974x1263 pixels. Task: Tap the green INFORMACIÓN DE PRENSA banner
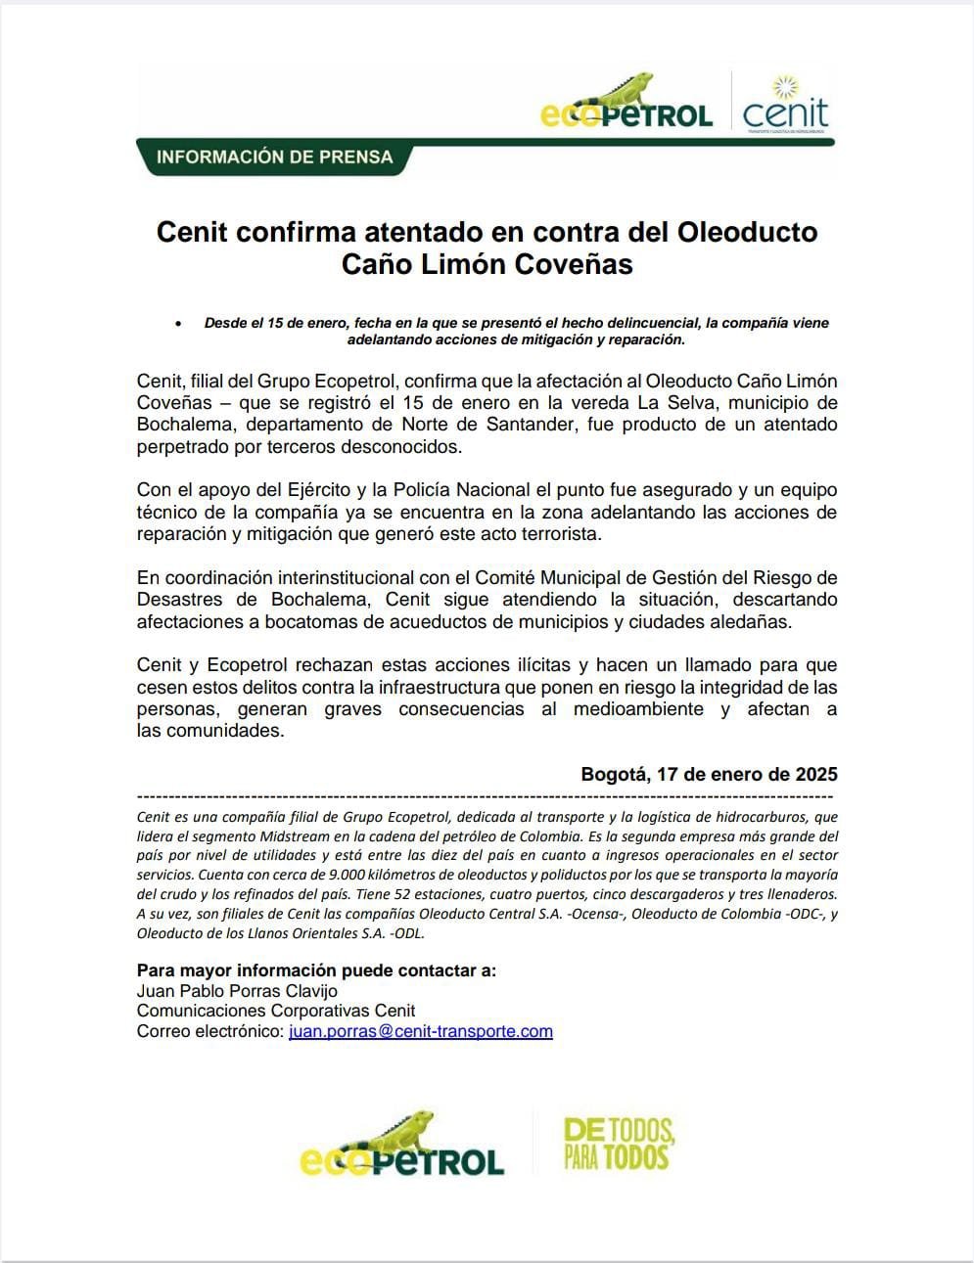click(x=274, y=158)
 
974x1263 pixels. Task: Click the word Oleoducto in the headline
click(x=747, y=233)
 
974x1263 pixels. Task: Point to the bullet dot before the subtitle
click(x=177, y=323)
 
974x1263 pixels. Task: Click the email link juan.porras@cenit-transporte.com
click(x=421, y=1031)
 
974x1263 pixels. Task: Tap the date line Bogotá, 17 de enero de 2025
click(x=709, y=774)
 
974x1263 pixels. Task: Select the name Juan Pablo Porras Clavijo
click(x=237, y=991)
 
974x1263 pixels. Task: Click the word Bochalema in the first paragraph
click(x=185, y=425)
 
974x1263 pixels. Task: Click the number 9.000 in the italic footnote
click(x=349, y=875)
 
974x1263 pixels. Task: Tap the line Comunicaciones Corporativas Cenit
click(x=276, y=1011)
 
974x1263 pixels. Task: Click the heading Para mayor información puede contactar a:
click(x=316, y=970)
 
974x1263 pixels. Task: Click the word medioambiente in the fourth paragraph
click(x=638, y=709)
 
